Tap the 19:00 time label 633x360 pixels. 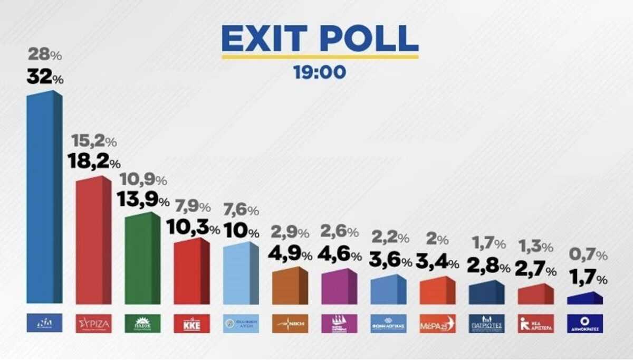(x=320, y=71)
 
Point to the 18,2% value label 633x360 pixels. (x=94, y=162)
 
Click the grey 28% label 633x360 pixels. (x=45, y=54)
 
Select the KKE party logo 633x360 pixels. (x=191, y=323)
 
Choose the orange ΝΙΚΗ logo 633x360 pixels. (x=290, y=323)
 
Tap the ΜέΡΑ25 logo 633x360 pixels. (x=437, y=323)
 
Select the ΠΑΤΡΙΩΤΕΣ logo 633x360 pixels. (x=486, y=323)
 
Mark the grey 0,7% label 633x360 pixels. (x=588, y=255)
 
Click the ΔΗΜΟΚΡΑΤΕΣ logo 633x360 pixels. (x=584, y=323)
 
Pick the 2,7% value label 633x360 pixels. (x=536, y=271)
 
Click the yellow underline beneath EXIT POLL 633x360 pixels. (x=320, y=56)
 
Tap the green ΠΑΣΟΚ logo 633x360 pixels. (x=142, y=323)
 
